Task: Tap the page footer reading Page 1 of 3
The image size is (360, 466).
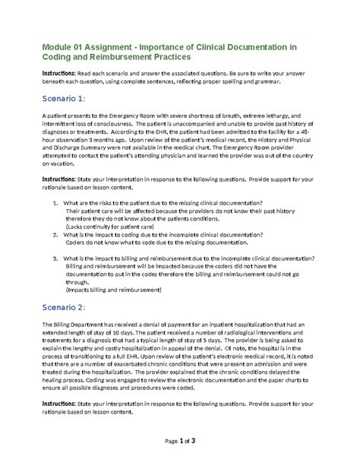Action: tap(180, 441)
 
